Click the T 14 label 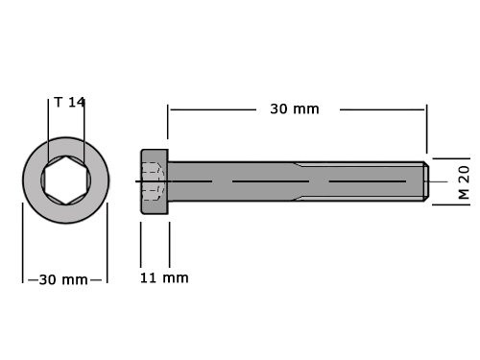click(70, 102)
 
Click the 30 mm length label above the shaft click(294, 109)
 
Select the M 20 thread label click(462, 180)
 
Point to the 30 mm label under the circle click(64, 279)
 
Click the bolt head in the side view click(155, 181)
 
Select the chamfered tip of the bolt click(423, 181)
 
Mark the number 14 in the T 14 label click(78, 102)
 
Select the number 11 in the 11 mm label click(147, 278)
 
